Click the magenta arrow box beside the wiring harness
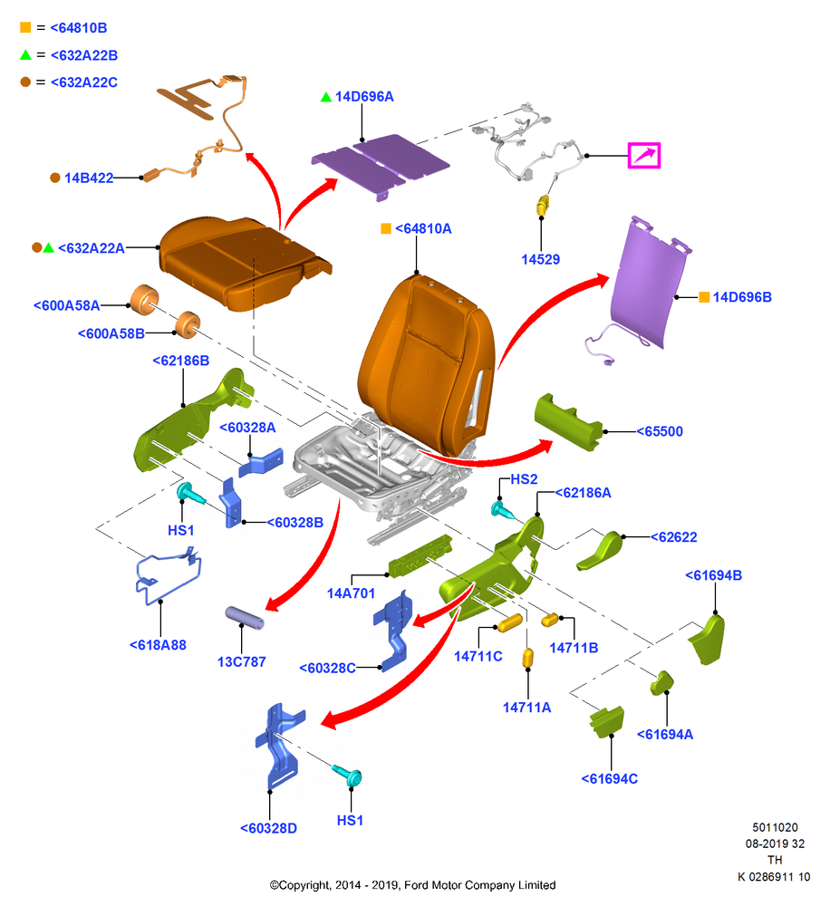point(644,156)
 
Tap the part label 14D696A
point(364,97)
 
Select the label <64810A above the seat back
point(423,229)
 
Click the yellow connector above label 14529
point(543,205)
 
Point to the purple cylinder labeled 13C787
point(245,618)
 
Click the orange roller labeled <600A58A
point(144,300)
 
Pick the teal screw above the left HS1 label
point(191,494)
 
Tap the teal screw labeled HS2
point(503,510)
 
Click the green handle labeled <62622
point(599,551)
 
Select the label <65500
point(660,431)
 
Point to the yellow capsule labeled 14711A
point(527,658)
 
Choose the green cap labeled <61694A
point(661,682)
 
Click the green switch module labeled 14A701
point(420,556)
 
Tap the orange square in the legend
point(25,27)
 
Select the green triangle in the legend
point(25,55)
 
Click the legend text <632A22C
point(84,82)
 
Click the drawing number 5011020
point(775,827)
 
